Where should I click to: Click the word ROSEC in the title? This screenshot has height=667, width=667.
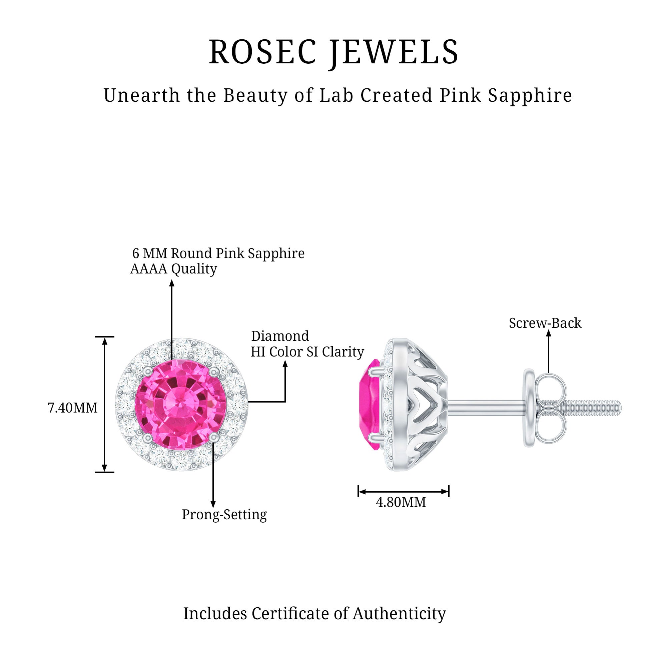(262, 52)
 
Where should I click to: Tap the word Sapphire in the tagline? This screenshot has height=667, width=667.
(530, 96)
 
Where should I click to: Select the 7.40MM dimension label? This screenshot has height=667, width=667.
(72, 408)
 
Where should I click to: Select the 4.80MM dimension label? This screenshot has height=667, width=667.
(401, 502)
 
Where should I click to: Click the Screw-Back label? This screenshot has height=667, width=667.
(545, 323)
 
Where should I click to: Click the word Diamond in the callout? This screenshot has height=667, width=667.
(280, 336)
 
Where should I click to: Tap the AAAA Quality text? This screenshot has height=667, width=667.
(174, 268)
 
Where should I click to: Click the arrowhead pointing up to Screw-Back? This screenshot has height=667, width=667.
(549, 333)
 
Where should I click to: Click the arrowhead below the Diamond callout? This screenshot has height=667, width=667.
(285, 364)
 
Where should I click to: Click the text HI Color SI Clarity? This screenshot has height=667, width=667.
(307, 352)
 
